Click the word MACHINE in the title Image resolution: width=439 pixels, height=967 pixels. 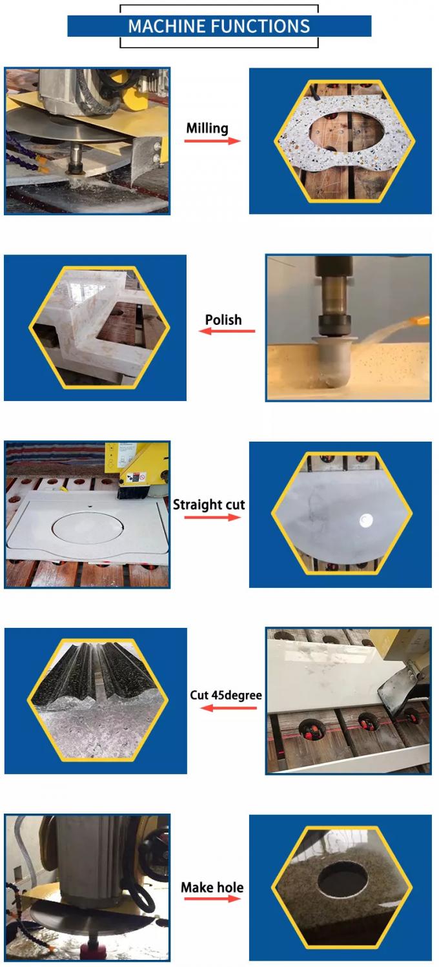click(167, 26)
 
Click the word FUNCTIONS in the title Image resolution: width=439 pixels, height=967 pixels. click(260, 26)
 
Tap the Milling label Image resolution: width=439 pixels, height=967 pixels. click(207, 128)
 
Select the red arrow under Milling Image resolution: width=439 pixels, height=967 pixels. click(212, 141)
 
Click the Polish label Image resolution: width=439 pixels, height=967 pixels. click(223, 320)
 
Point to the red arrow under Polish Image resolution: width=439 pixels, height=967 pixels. click(227, 331)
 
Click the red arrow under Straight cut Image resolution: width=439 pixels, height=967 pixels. click(212, 517)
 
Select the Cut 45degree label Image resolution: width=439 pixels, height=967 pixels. click(226, 696)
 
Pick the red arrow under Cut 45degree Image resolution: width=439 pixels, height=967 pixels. click(229, 708)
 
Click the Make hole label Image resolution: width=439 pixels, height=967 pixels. click(212, 887)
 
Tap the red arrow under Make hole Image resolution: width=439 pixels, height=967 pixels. click(212, 899)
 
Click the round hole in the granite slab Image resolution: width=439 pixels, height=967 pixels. click(343, 878)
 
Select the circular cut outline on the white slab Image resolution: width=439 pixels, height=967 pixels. click(88, 527)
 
